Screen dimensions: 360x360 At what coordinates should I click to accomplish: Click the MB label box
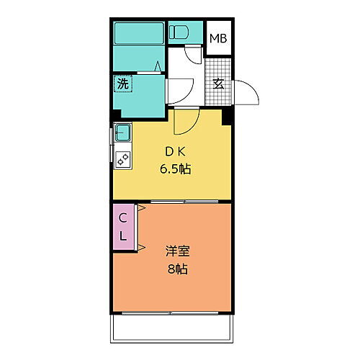pyautogui.click(x=218, y=37)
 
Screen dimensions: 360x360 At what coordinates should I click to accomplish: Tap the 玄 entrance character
pyautogui.click(x=218, y=83)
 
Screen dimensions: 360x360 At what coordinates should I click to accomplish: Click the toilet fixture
pyautogui.click(x=180, y=32)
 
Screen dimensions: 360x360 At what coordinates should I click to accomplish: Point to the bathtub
pyautogui.click(x=140, y=33)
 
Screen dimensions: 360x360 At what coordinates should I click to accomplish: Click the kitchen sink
pyautogui.click(x=122, y=132)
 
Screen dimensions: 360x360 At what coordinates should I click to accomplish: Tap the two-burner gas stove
pyautogui.click(x=123, y=159)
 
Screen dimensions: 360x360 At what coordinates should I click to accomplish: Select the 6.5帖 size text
pyautogui.click(x=175, y=170)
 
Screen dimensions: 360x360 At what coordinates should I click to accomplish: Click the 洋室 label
pyautogui.click(x=176, y=253)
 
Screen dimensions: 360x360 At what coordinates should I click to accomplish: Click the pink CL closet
pyautogui.click(x=123, y=226)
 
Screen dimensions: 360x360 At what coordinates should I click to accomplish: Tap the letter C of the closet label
pyautogui.click(x=123, y=217)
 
